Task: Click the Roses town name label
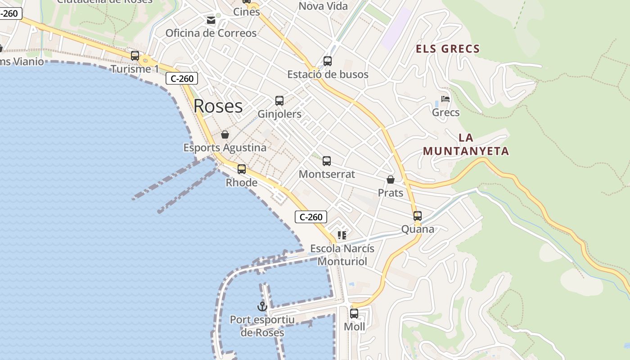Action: point(218,106)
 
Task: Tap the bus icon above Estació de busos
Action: point(328,61)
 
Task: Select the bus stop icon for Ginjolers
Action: point(279,101)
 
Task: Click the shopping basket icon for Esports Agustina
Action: point(225,135)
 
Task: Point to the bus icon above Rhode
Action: point(242,169)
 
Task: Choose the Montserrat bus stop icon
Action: point(327,161)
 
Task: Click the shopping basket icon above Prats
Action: point(391,180)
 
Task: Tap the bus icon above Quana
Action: point(418,216)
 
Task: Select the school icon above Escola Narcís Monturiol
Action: point(342,235)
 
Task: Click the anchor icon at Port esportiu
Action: point(262,306)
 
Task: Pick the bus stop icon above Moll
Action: point(354,314)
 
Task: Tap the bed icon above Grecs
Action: point(445,99)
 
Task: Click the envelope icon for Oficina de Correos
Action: point(211,20)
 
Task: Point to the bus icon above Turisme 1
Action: point(135,56)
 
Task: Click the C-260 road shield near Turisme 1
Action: point(182,79)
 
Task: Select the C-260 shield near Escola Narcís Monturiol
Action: point(310,217)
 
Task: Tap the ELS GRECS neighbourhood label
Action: point(448,49)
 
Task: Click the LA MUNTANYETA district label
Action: point(466,144)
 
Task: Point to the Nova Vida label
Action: point(323,6)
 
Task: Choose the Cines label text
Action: point(247,12)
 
